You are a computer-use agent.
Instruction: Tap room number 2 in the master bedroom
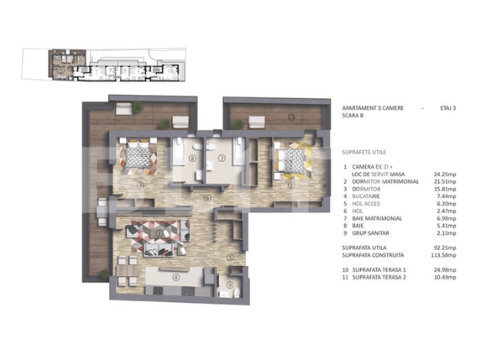pyautogui.click(x=291, y=185)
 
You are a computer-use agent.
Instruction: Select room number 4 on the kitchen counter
pyautogui.click(x=175, y=277)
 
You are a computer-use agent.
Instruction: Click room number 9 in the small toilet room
pyautogui.click(x=229, y=284)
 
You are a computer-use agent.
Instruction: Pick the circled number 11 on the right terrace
pyautogui.click(x=291, y=117)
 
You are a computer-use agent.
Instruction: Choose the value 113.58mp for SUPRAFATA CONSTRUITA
pyautogui.click(x=446, y=256)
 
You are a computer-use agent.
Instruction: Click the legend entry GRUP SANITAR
pyautogui.click(x=377, y=234)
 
